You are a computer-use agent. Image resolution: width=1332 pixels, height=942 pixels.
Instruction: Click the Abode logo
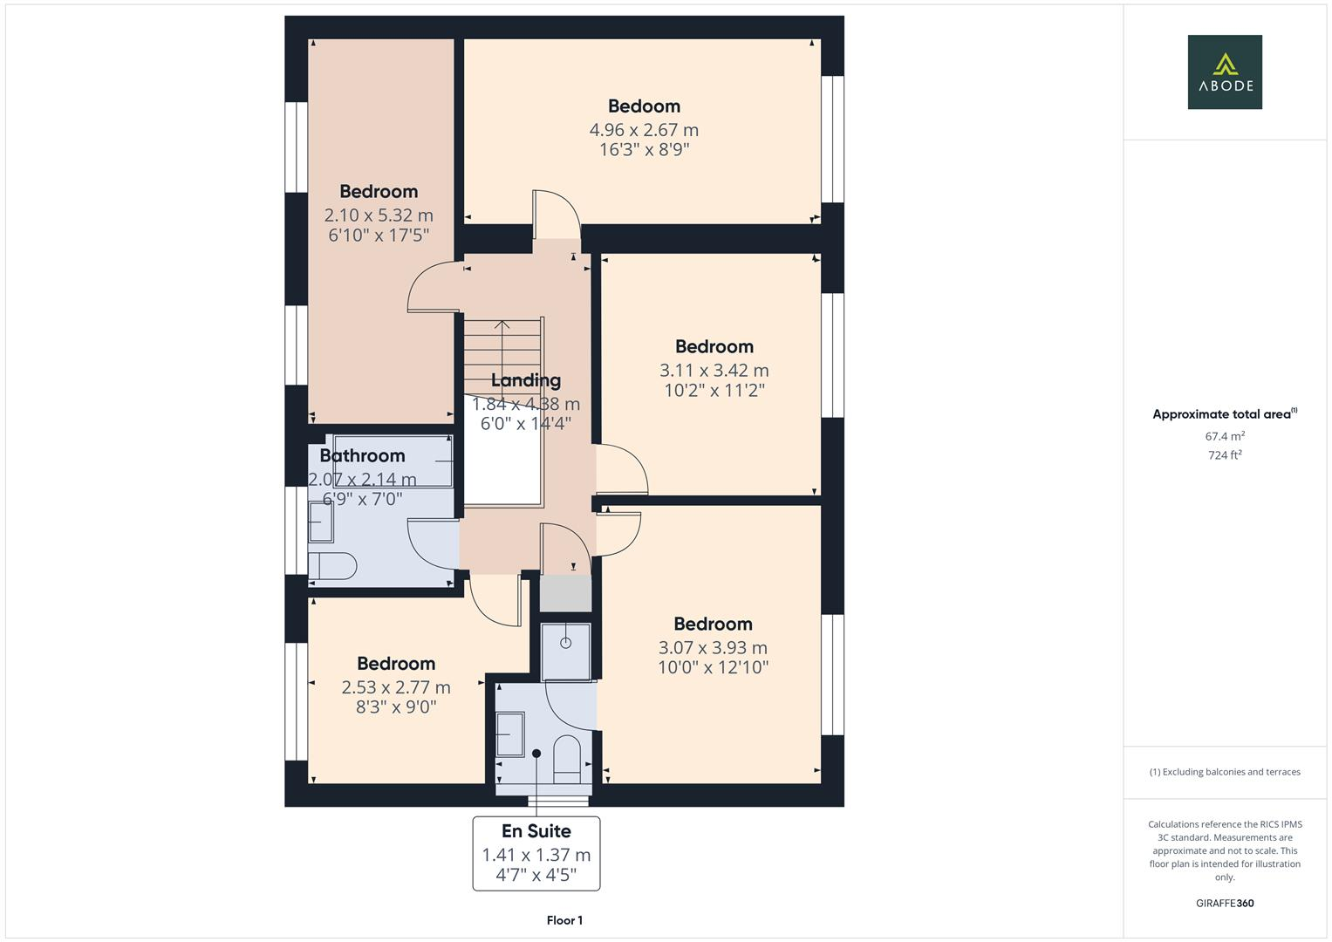(1224, 72)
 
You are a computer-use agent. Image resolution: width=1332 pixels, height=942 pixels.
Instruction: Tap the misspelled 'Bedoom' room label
(644, 106)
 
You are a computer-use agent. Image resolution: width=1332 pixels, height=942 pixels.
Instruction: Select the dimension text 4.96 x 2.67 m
(644, 130)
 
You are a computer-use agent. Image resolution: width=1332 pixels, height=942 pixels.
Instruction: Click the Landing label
(525, 380)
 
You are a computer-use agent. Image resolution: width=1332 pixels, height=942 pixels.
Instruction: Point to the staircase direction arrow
(502, 328)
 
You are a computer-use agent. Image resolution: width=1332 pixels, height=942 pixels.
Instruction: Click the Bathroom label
(362, 455)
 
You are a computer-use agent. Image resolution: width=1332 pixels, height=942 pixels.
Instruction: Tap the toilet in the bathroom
(331, 566)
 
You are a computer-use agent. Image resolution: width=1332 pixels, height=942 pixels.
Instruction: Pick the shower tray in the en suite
(565, 651)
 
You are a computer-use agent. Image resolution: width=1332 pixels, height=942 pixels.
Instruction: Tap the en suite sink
(509, 734)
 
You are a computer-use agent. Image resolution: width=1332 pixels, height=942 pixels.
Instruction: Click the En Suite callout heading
(536, 831)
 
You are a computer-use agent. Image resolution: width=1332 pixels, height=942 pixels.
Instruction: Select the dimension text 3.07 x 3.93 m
(713, 648)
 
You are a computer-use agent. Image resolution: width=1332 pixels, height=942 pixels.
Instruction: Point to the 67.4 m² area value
(1224, 436)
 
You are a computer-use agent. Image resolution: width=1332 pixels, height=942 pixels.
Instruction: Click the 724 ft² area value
(1224, 455)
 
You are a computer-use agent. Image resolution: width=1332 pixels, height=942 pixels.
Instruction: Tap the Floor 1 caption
(564, 920)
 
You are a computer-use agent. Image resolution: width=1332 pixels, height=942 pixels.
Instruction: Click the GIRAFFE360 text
(1224, 903)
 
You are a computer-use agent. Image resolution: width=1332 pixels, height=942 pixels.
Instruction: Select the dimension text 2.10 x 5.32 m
(379, 215)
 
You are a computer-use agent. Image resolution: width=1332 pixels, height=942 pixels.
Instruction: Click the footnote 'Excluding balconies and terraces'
(1224, 772)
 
